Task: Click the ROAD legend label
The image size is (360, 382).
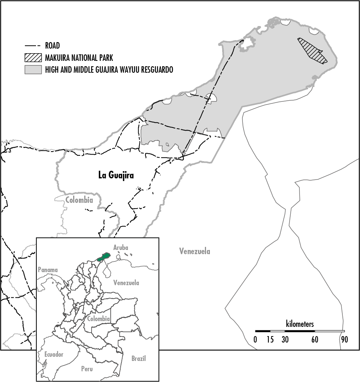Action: point(52,46)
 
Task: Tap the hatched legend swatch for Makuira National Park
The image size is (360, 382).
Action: point(33,58)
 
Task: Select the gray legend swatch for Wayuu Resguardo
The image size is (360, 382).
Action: point(33,70)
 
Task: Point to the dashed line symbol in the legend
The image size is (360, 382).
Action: point(33,46)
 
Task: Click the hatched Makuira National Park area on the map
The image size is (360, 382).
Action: point(312,51)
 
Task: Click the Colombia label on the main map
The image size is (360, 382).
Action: point(79,200)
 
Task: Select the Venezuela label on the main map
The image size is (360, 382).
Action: point(195,251)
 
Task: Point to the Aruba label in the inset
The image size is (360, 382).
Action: point(121,248)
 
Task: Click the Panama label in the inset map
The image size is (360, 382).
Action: point(47,269)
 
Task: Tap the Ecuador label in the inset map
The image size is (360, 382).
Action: point(54,354)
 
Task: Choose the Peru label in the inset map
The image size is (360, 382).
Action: point(87,369)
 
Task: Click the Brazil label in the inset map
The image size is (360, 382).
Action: point(138,359)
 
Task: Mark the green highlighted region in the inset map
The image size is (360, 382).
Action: point(103,257)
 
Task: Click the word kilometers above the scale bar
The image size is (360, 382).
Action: point(299,324)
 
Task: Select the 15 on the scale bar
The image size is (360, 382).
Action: point(270,339)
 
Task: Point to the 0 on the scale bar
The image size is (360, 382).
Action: point(255,339)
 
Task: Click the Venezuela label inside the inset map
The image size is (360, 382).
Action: point(126,283)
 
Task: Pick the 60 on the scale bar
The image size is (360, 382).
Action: point(315,339)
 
